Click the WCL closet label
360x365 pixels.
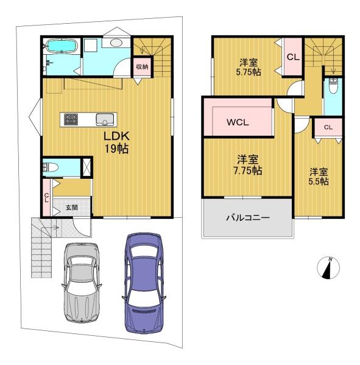click(x=238, y=121)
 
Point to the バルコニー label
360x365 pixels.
click(x=249, y=217)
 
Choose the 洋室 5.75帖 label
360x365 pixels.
click(x=249, y=66)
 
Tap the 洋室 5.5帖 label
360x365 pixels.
click(x=318, y=176)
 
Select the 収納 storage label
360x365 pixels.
click(x=141, y=67)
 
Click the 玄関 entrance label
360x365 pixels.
click(x=72, y=207)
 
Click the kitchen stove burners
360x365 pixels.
click(x=70, y=119)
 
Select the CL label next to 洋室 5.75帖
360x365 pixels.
click(x=292, y=57)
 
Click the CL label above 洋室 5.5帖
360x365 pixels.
click(x=328, y=127)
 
